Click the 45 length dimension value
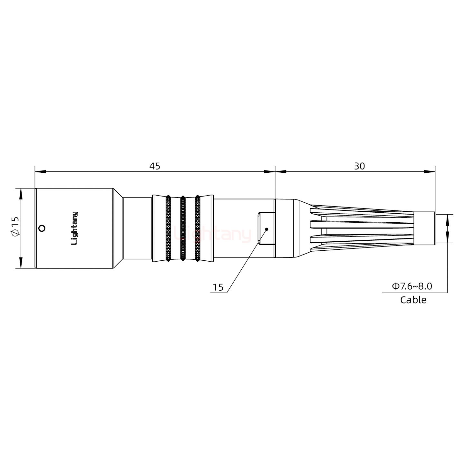155,166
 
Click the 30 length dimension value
360,166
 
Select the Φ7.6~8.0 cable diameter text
412,286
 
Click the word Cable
413,300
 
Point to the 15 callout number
218,287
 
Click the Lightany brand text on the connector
74,228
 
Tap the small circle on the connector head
41,228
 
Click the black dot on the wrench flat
266,229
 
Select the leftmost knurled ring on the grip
168,228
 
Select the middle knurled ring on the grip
183,228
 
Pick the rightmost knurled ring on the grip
197,228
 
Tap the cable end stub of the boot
424,228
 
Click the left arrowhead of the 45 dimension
40,172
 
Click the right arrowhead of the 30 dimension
430,172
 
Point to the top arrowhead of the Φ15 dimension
21,194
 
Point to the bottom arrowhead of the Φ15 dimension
21,263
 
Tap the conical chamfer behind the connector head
118,228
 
